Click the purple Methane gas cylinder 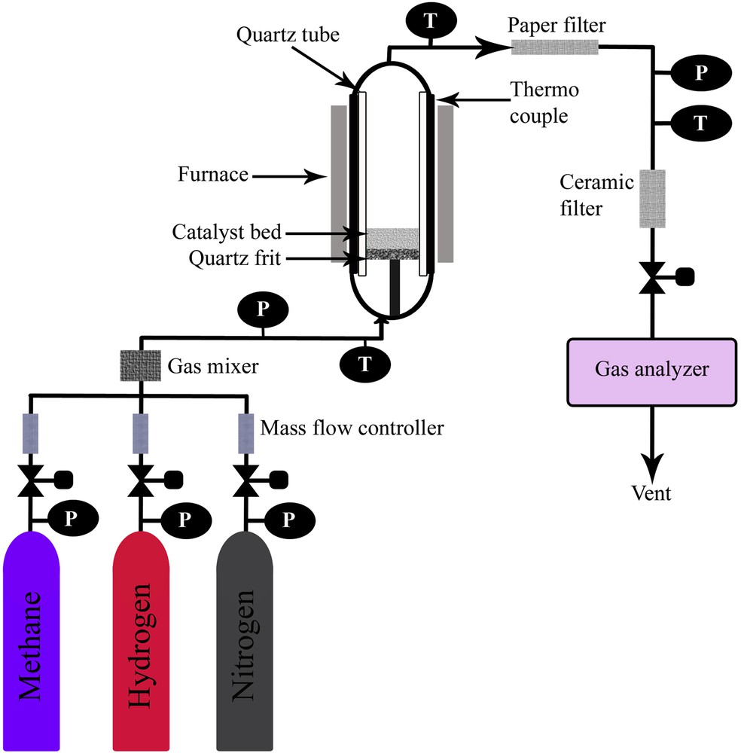(x=32, y=640)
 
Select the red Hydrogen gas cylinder (x=140, y=640)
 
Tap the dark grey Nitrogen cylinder (x=244, y=640)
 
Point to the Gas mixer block (x=140, y=365)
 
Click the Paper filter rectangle (x=555, y=47)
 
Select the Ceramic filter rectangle (x=652, y=199)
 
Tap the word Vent (x=652, y=494)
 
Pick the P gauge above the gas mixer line (x=261, y=309)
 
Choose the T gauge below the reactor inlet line (x=365, y=364)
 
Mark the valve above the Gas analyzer (x=652, y=277)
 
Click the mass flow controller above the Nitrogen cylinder (x=245, y=433)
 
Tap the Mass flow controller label (x=352, y=429)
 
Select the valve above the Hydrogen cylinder (x=140, y=479)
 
